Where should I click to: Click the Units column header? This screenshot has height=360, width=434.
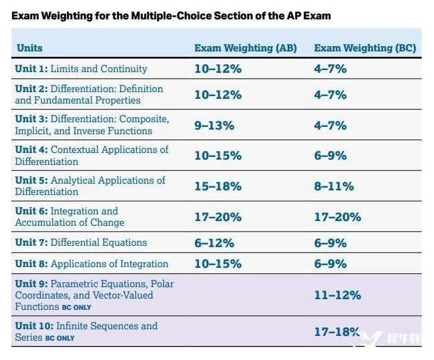(x=29, y=48)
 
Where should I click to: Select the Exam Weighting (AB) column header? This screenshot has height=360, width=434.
(x=245, y=48)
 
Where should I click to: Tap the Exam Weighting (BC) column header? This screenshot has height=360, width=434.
(x=365, y=48)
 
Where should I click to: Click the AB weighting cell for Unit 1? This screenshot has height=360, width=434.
(x=218, y=69)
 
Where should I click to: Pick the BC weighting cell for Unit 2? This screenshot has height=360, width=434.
(x=330, y=95)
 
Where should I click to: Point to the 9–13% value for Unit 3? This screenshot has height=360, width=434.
(x=214, y=125)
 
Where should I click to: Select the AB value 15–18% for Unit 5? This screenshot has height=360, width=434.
(x=218, y=186)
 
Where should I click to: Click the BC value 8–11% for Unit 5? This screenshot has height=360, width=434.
(x=334, y=186)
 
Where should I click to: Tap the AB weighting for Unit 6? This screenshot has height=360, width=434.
(x=218, y=217)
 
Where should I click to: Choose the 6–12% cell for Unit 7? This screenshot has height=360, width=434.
(x=214, y=243)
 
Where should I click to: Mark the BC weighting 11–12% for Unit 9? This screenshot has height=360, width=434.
(x=337, y=295)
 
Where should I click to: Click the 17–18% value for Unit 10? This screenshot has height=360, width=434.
(x=337, y=331)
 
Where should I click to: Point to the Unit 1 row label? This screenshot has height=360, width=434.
(x=81, y=69)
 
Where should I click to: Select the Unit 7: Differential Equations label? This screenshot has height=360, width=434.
(x=81, y=242)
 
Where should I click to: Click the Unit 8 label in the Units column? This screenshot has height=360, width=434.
(x=91, y=264)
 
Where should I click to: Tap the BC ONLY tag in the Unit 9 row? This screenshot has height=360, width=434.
(x=77, y=308)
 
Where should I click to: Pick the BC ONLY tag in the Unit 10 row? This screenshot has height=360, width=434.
(x=60, y=339)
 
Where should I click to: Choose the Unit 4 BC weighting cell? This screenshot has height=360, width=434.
(x=330, y=156)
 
